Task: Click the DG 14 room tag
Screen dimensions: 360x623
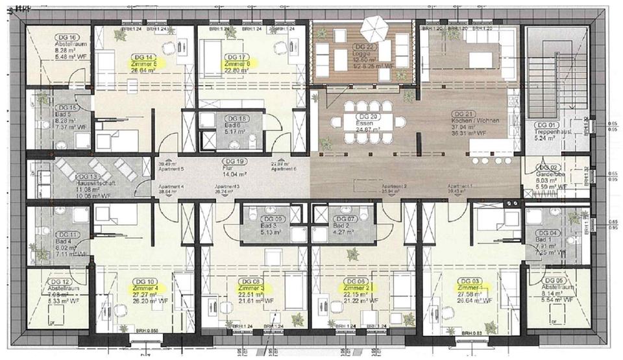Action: tap(143, 57)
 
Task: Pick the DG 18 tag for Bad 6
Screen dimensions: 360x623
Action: tap(234, 119)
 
